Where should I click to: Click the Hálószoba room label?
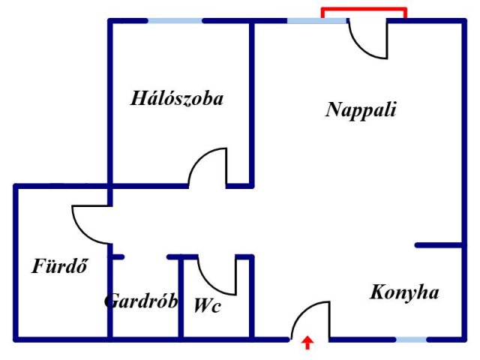[x=177, y=98]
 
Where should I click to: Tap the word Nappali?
[x=361, y=110]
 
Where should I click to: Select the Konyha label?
[x=404, y=292]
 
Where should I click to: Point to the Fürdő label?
[x=60, y=265]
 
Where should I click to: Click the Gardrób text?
[x=141, y=301]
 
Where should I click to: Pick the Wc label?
[x=207, y=305]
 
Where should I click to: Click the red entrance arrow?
[x=307, y=343]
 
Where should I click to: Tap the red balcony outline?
[x=364, y=9]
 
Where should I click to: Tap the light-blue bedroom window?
[x=175, y=21]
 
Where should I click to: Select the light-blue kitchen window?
[x=411, y=340]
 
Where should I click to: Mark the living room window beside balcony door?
[x=317, y=21]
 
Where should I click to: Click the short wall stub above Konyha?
[x=439, y=245]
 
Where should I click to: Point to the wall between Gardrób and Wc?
[x=181, y=298]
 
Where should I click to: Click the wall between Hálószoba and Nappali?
[x=252, y=103]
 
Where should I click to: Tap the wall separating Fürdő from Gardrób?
[x=110, y=292]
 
